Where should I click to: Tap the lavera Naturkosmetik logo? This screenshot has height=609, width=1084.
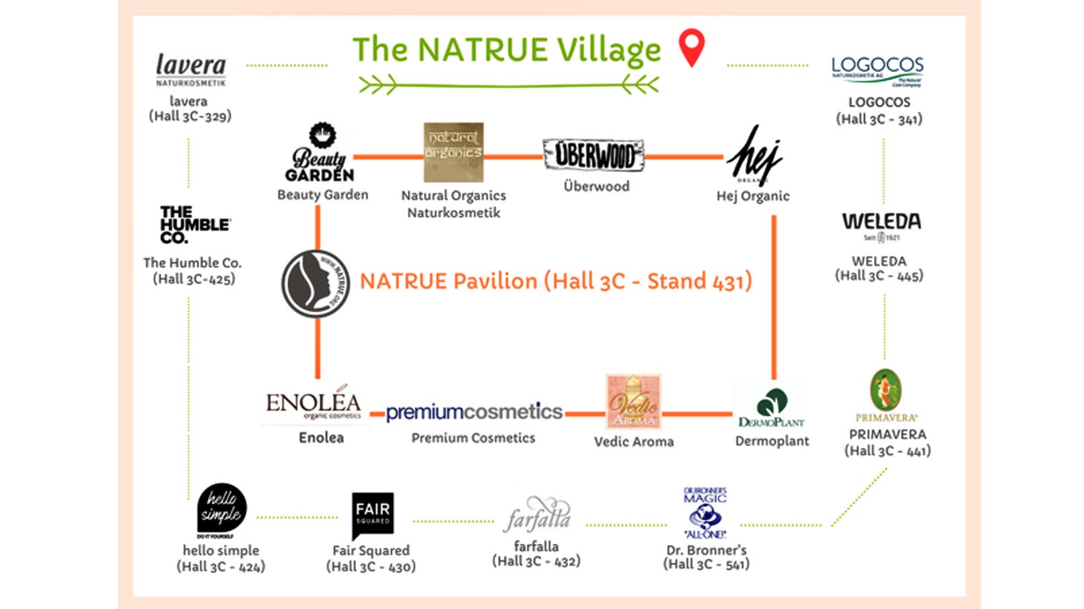coord(191,69)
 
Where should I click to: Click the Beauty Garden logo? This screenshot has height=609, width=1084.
coord(321,153)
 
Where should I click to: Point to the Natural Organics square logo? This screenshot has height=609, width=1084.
coord(454,152)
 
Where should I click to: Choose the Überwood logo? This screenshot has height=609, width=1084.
coord(593,155)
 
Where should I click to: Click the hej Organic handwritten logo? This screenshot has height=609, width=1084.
coord(754,155)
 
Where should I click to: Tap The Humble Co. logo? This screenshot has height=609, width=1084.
coord(194,225)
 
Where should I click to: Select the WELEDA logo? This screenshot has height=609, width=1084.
coord(881,225)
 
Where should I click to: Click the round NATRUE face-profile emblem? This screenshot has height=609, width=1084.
coord(316,284)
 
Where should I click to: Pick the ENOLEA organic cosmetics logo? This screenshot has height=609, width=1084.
coord(314,404)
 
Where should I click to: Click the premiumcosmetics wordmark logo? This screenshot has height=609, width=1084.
coord(474,411)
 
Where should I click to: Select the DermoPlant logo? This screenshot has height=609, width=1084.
coord(771,407)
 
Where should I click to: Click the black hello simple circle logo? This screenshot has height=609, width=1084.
coord(221,508)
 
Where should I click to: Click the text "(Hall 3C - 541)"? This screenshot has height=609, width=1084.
coord(706,565)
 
